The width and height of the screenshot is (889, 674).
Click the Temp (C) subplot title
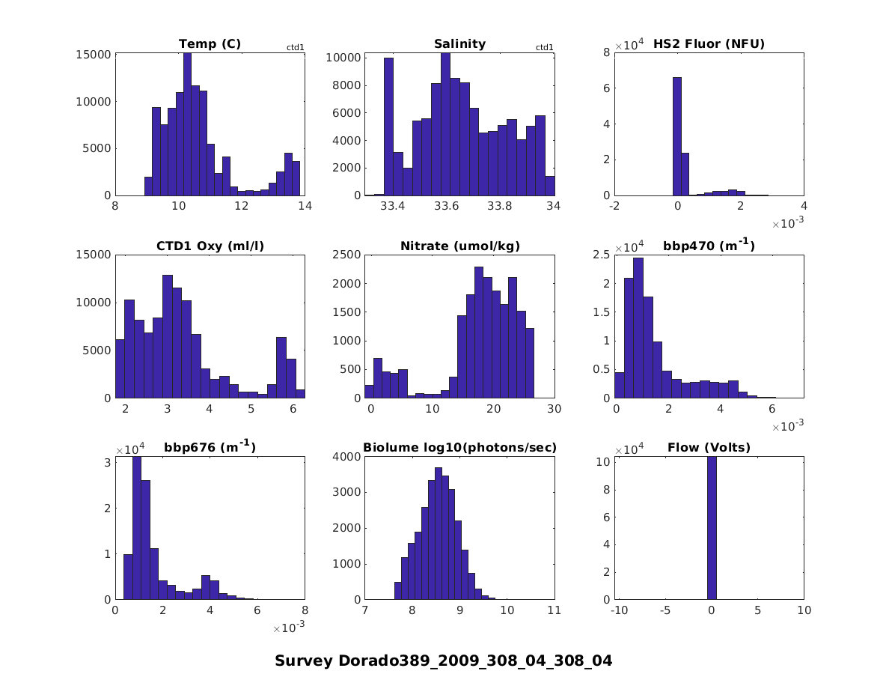point(210,44)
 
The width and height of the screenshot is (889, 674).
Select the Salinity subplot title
point(459,44)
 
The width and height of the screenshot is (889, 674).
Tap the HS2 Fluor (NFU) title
point(709,44)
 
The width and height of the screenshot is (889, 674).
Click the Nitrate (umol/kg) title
point(459,246)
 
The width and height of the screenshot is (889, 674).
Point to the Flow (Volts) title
point(709,448)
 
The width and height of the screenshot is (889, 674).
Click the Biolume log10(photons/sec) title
point(459,448)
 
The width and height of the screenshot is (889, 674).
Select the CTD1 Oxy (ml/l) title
point(210,246)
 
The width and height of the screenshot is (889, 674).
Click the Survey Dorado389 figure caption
point(444,661)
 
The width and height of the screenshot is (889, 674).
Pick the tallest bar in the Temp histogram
point(187,124)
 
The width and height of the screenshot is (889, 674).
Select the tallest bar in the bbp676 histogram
point(137,528)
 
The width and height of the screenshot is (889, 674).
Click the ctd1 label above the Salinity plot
point(545,48)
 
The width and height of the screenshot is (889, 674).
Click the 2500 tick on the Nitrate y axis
point(350,255)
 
